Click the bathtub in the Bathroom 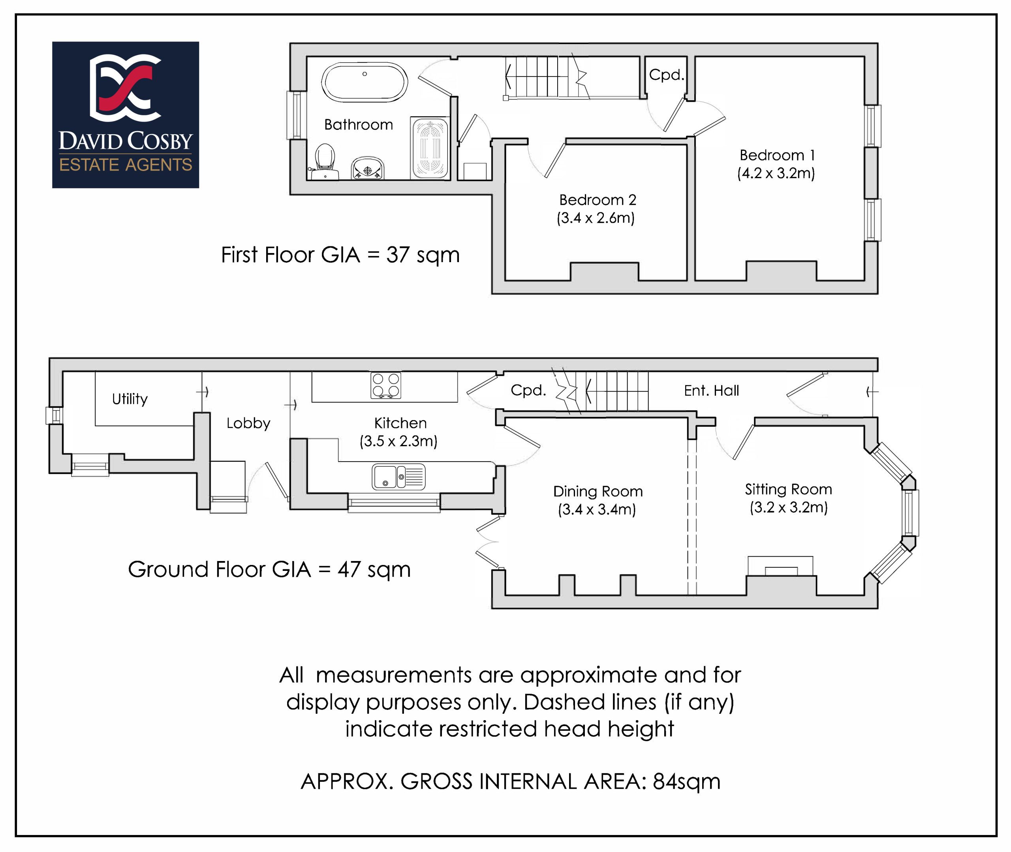[365, 82]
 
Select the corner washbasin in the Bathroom [368, 168]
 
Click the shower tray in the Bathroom [429, 148]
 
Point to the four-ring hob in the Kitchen [385, 385]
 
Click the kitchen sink [398, 477]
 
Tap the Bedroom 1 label [777, 155]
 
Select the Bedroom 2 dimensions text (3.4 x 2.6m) [595, 218]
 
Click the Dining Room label [598, 491]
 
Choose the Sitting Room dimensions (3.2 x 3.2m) [788, 507]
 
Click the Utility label [130, 399]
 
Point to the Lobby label [248, 423]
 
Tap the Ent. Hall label [711, 390]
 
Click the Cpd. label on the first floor [666, 75]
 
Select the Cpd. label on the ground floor [528, 390]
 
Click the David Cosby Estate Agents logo [126, 115]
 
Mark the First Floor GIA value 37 [398, 255]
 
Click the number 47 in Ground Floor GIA [349, 569]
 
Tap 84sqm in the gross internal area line [686, 781]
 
